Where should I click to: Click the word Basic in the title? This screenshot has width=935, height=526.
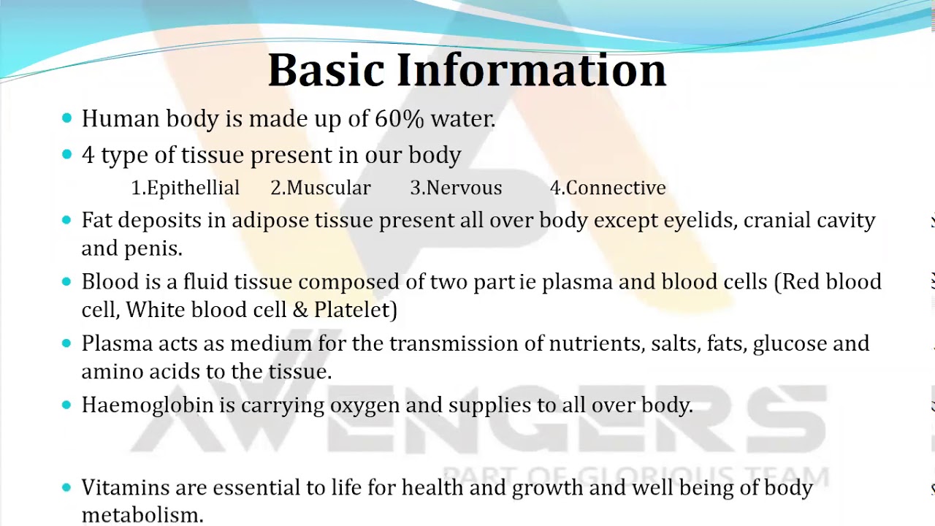pyautogui.click(x=326, y=69)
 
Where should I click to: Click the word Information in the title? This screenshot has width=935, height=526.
pyautogui.click(x=532, y=69)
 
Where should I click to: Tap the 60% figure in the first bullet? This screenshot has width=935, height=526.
pyautogui.click(x=400, y=118)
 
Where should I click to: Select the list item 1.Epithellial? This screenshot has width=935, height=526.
pyautogui.click(x=186, y=188)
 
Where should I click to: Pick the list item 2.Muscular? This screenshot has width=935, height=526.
pyautogui.click(x=321, y=188)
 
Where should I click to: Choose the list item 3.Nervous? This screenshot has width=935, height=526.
pyautogui.click(x=457, y=188)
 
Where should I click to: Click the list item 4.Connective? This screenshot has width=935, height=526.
pyautogui.click(x=608, y=188)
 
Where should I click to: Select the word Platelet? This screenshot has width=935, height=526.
pyautogui.click(x=352, y=310)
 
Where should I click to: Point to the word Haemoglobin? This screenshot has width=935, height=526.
pyautogui.click(x=148, y=405)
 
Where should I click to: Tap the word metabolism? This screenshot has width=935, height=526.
pyautogui.click(x=142, y=515)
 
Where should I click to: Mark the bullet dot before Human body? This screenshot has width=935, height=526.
pyautogui.click(x=66, y=118)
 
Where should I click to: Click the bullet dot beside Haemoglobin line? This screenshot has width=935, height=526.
pyautogui.click(x=66, y=405)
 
